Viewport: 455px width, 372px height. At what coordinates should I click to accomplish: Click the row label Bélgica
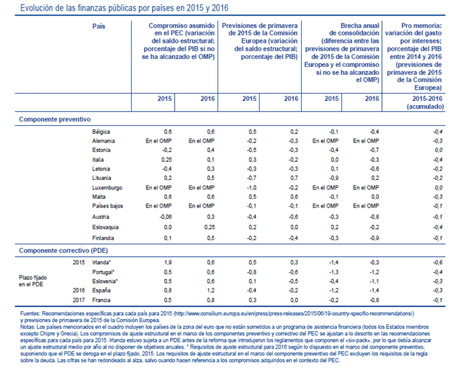pyautogui.click(x=101, y=132)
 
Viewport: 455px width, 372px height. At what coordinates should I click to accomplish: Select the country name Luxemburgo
pyautogui.click(x=106, y=189)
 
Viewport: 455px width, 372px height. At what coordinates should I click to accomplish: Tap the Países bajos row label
pyautogui.click(x=107, y=208)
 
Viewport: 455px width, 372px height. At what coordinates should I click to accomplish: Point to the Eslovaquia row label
pyautogui.click(x=105, y=227)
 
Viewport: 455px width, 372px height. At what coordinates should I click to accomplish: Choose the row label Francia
pyautogui.click(x=101, y=300)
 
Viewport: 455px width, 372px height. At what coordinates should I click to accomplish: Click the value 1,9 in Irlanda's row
pyautogui.click(x=168, y=262)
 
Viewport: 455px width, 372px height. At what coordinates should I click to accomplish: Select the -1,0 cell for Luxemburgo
pyautogui.click(x=250, y=189)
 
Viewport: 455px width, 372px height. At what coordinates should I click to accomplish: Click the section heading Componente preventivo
pyautogui.click(x=54, y=118)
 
